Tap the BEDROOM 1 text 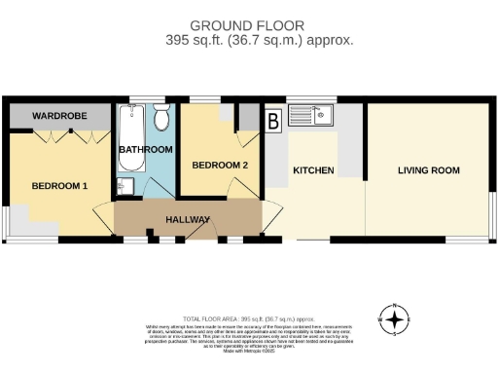[59, 185]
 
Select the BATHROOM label [145, 150]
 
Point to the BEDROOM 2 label [220, 166]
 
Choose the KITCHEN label [313, 170]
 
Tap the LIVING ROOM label [428, 170]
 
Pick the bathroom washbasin [125, 186]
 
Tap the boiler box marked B [273, 121]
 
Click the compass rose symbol [393, 318]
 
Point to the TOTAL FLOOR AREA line [248, 318]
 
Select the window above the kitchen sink [311, 98]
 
